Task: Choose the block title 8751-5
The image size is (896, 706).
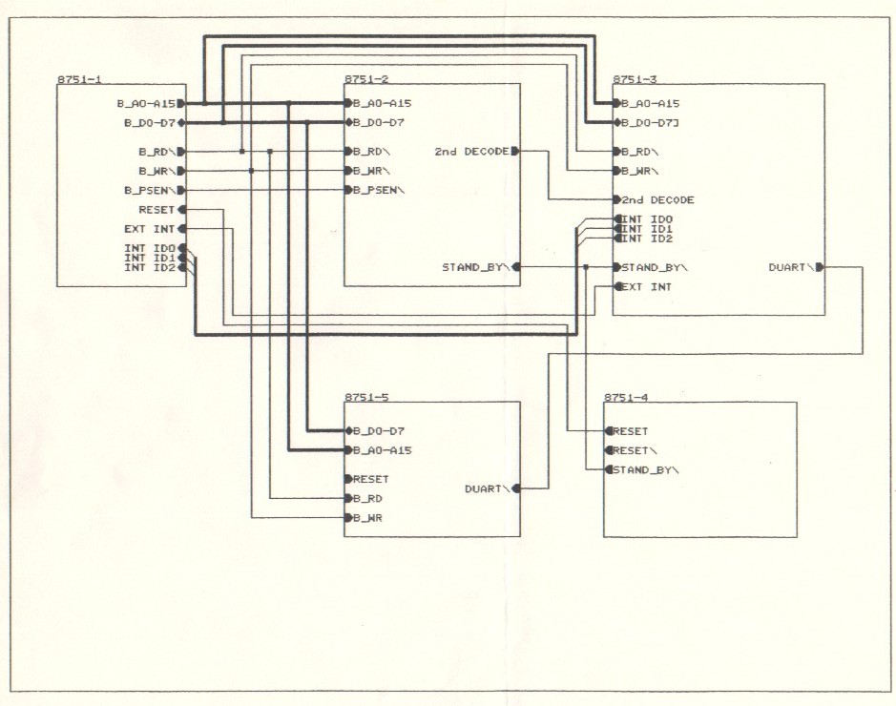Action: (365, 396)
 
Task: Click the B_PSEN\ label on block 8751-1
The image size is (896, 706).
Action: (149, 190)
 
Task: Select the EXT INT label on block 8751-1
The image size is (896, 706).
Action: (149, 229)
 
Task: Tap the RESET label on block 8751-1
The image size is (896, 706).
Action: (156, 209)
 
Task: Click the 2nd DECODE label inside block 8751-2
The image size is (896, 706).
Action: (471, 151)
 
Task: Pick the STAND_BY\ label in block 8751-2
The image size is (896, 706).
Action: (476, 267)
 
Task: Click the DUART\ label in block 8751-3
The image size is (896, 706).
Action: (791, 267)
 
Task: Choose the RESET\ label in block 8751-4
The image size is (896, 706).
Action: (633, 450)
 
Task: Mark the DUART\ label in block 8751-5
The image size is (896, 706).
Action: (487, 488)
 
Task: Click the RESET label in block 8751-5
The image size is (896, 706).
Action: (371, 479)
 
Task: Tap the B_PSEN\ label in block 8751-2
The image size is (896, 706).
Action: (379, 190)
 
